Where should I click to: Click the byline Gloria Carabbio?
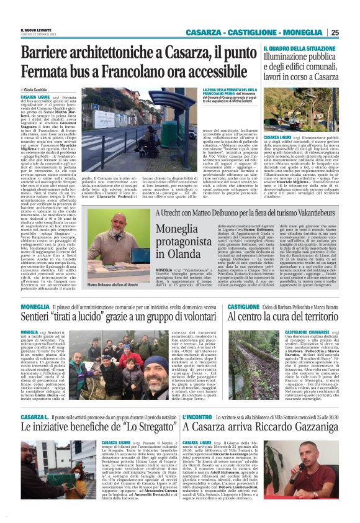(x=38, y=90)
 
